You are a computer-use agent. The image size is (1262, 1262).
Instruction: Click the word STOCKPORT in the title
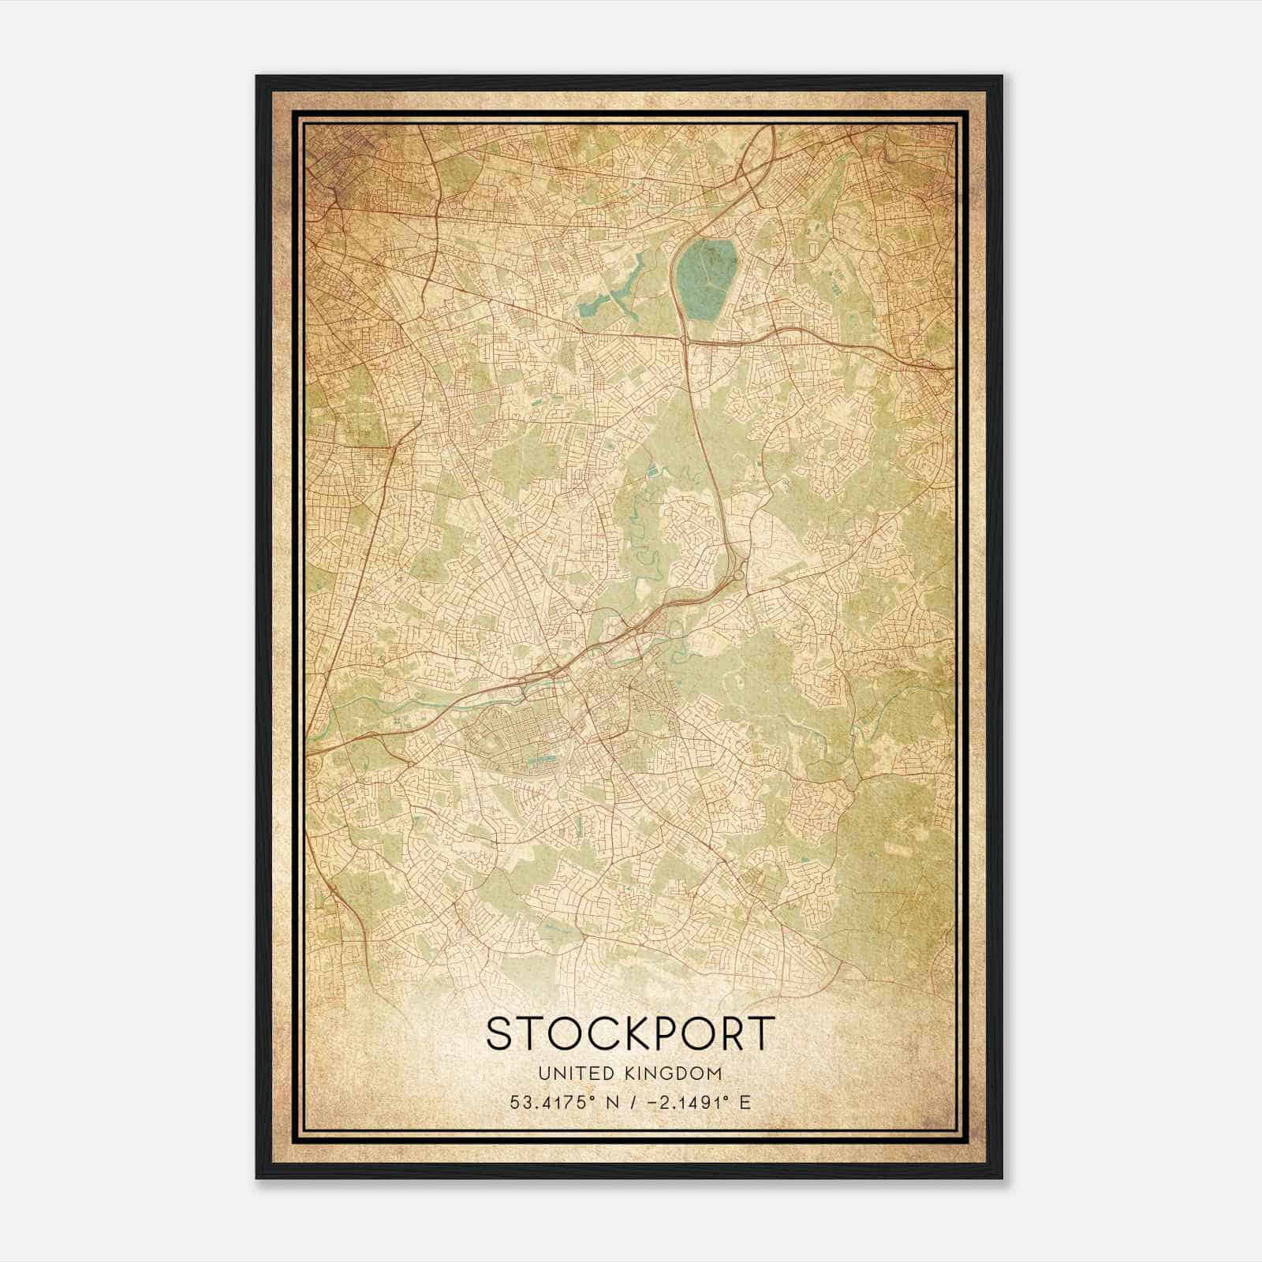tap(631, 1033)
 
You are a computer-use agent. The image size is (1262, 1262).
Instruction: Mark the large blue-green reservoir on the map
tap(707, 276)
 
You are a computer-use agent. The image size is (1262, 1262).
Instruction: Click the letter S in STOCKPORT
tap(502, 1033)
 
